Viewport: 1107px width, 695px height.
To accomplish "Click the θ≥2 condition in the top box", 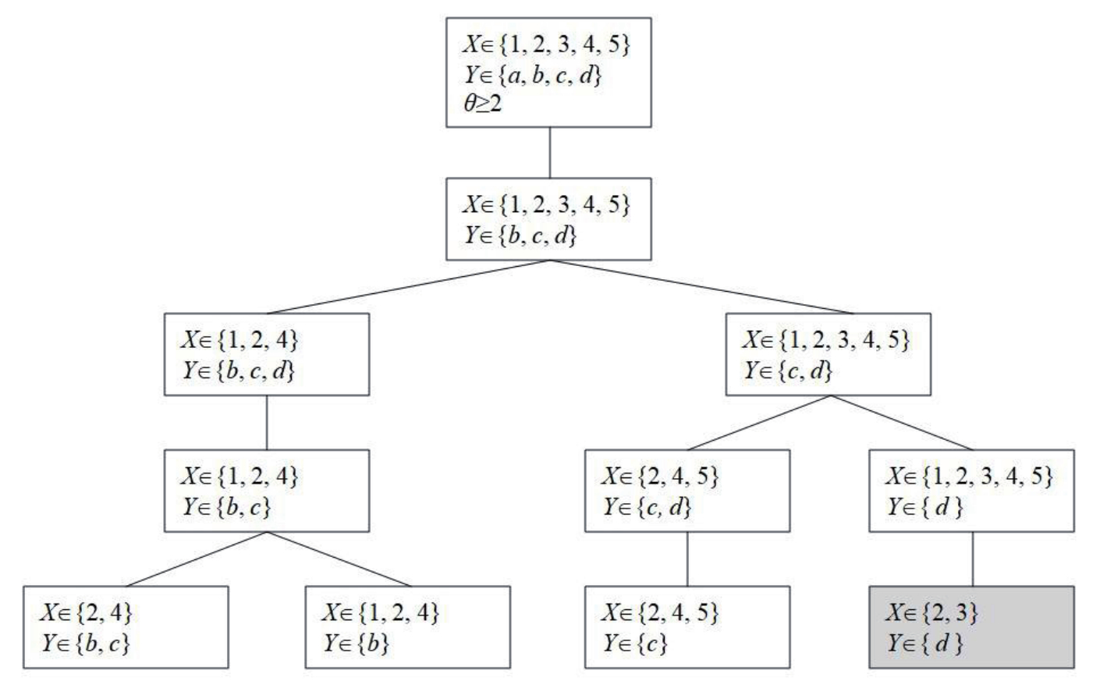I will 484,104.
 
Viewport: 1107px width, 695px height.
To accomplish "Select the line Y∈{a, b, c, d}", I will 534,76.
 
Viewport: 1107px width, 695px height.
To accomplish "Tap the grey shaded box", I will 971,627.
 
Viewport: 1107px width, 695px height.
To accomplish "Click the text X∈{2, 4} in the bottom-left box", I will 86,612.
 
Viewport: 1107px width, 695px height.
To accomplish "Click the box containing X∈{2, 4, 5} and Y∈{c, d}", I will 687,491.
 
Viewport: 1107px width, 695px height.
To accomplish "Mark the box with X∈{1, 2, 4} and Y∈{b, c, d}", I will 267,353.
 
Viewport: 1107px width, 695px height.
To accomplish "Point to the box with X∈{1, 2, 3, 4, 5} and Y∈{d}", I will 971,491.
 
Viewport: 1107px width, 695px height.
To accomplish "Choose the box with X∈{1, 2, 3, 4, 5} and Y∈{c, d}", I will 828,353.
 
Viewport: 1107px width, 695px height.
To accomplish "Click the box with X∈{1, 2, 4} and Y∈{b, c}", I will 267,491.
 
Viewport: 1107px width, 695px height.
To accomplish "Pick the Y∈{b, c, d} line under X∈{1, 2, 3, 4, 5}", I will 520,235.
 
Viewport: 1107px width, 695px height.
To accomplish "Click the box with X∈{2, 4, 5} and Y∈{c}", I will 687,627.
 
